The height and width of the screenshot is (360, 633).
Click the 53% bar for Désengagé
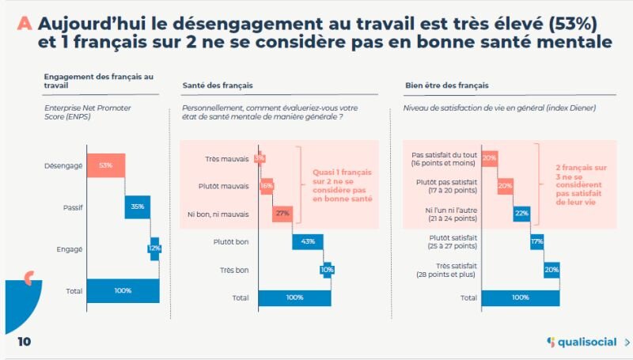click(x=106, y=165)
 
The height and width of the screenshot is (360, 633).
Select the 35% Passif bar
click(x=138, y=207)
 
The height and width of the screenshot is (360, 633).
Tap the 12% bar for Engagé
click(x=154, y=248)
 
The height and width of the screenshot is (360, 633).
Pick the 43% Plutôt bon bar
click(x=309, y=241)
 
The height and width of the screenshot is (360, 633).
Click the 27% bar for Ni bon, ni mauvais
click(x=282, y=213)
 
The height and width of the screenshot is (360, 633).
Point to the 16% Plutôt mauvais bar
click(x=267, y=186)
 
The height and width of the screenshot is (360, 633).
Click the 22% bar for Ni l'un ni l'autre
click(x=521, y=213)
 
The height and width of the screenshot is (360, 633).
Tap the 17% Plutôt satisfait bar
click(x=537, y=241)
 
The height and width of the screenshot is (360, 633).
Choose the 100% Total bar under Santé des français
click(x=295, y=297)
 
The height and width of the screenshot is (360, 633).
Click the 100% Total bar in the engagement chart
click(x=123, y=290)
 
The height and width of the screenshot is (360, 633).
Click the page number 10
click(x=24, y=342)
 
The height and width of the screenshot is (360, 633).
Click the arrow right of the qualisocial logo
click(x=626, y=343)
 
